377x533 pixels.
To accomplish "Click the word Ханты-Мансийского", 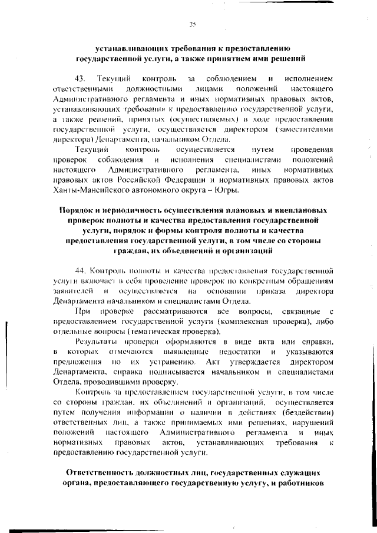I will (87, 190).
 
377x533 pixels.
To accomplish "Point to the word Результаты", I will (98, 342).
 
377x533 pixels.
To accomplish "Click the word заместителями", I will (304, 130).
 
